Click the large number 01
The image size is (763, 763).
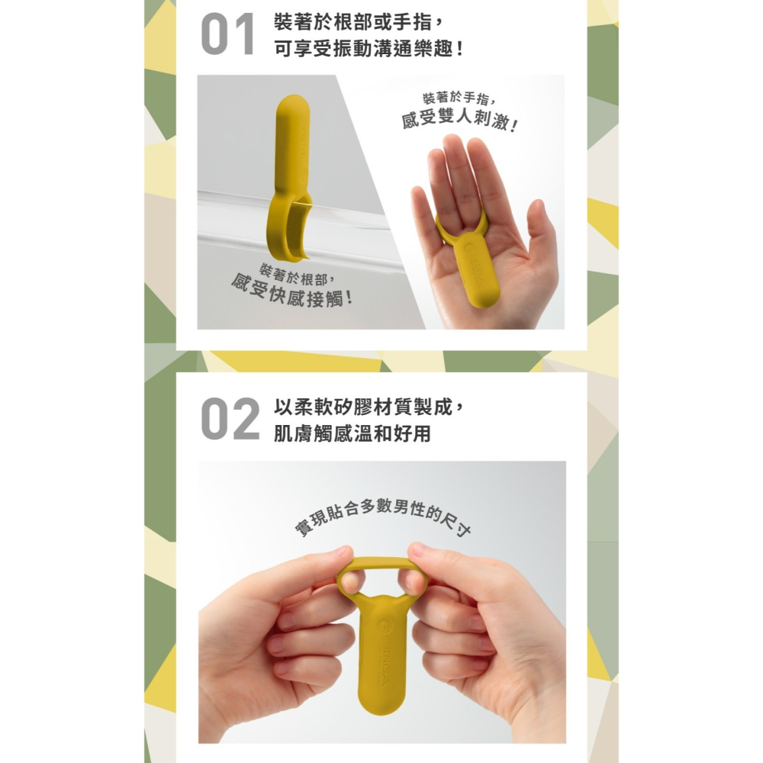click(x=227, y=36)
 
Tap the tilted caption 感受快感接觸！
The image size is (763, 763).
click(x=292, y=291)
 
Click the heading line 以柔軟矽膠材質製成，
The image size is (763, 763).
click(x=369, y=406)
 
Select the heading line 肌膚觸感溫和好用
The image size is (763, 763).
click(x=352, y=434)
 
